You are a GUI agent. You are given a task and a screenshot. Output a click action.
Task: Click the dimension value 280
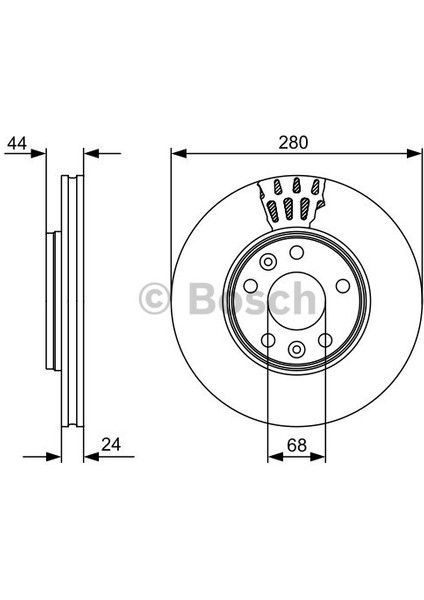point(293,143)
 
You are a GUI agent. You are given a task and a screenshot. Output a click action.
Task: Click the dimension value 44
point(17,143)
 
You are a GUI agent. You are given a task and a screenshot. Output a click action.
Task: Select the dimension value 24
point(111,445)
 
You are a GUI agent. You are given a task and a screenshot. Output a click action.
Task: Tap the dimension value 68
point(297,445)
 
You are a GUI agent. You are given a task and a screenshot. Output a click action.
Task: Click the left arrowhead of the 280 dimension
point(179,153)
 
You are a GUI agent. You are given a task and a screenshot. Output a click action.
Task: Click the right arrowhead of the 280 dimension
point(414,153)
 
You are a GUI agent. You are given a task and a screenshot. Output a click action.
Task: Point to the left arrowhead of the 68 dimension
point(275,457)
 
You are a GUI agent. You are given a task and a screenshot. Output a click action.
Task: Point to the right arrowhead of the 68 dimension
point(318,457)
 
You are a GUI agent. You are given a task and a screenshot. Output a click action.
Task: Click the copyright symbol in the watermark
point(154,298)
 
